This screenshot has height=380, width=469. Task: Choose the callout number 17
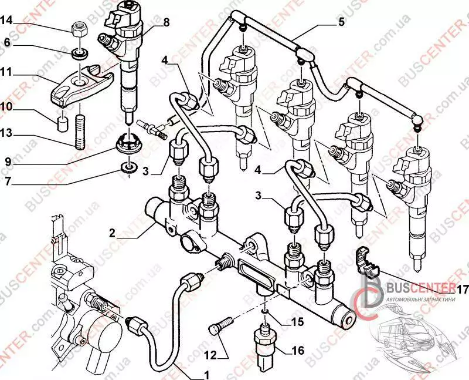(463, 289)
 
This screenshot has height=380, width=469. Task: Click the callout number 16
(298, 351)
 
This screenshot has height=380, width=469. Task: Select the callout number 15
(298, 321)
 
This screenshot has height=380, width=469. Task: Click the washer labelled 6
(79, 55)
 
